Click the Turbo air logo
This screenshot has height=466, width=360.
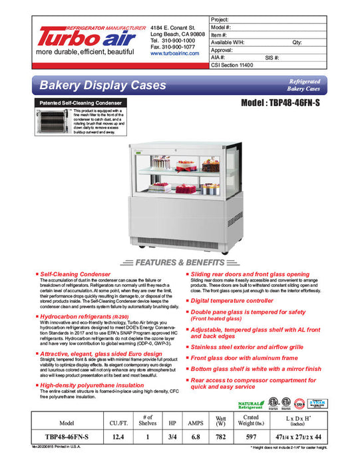tap(89, 39)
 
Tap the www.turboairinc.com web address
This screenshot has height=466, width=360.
tap(175, 53)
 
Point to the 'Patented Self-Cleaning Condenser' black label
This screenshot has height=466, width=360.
tap(78, 103)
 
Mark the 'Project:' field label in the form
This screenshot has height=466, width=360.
tap(221, 19)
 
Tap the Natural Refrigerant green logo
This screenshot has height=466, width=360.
tap(250, 404)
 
